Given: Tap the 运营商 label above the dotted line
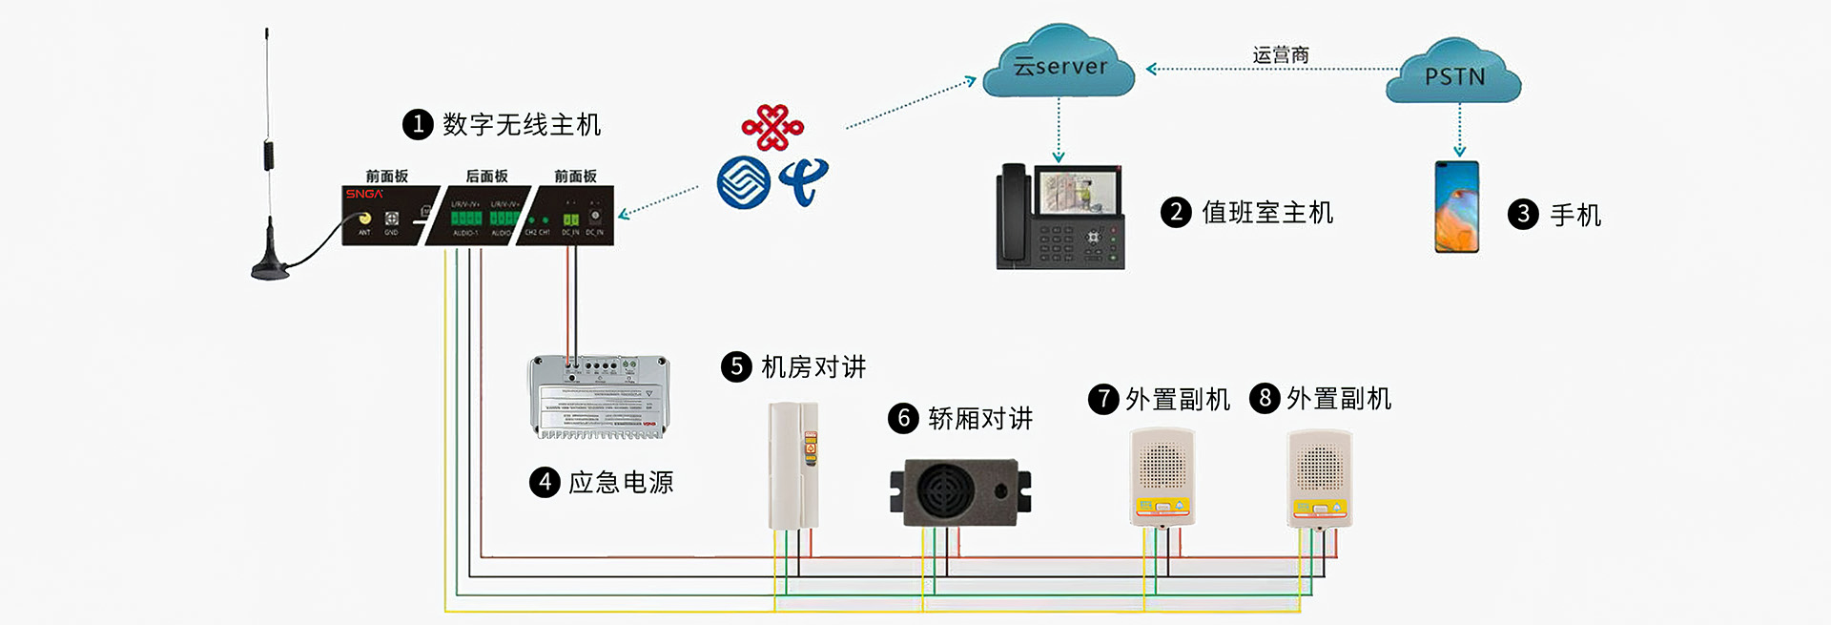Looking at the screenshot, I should tap(1280, 55).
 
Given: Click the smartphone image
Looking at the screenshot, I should tap(1456, 207).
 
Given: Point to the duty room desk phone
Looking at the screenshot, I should tap(1060, 218).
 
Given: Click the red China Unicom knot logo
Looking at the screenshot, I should tap(772, 127).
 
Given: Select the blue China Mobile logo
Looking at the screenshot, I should tap(743, 182).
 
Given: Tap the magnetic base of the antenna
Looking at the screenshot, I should tap(270, 268).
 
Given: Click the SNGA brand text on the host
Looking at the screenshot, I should tap(364, 194).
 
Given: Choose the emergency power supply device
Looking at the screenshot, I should tap(599, 397).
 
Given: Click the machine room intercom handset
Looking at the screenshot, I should tap(793, 465).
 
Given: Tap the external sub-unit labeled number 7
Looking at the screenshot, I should tap(1162, 476).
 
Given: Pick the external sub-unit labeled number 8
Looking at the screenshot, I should tap(1320, 478).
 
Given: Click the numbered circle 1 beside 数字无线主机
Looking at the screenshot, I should tap(418, 125).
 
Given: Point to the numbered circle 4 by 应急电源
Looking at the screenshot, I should tap(544, 482).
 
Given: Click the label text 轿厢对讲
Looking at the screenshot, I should tap(980, 418).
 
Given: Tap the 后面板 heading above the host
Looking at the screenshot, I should tap(486, 176).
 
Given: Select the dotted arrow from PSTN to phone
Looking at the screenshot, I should tap(1459, 130).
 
